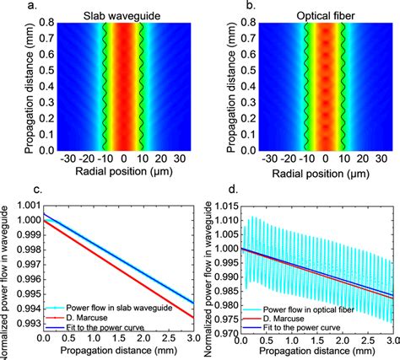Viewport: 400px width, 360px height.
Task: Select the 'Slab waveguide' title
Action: coord(123,17)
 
